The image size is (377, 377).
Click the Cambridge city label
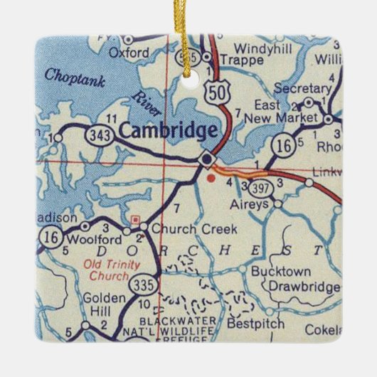167,130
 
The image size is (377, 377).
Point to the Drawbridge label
297,286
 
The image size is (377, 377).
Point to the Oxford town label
129,53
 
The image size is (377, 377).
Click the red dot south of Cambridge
211,178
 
